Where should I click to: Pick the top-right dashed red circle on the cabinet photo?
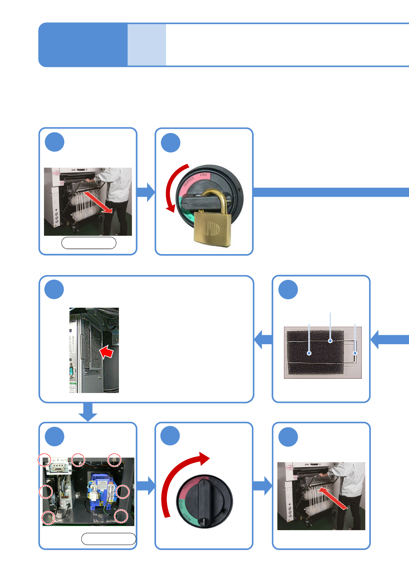tap(114, 460)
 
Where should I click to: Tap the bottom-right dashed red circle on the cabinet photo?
tap(121, 516)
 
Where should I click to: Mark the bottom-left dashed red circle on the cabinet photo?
tap(48, 517)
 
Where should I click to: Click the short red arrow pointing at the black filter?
tap(107, 352)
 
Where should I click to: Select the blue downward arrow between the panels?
tap(88, 412)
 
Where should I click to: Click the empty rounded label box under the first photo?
tap(89, 243)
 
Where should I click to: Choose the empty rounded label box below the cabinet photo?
tap(109, 539)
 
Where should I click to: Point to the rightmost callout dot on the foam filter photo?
tap(355, 353)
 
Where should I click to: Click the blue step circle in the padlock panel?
tap(170, 143)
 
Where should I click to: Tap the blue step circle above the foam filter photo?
tap(288, 289)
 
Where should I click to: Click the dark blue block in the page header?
tap(83, 45)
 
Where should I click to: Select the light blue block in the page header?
tap(147, 45)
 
